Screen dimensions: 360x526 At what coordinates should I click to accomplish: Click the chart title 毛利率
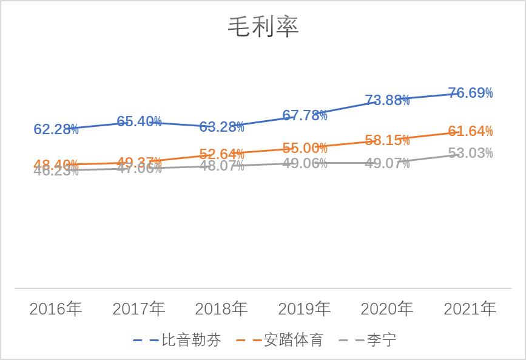click(x=263, y=27)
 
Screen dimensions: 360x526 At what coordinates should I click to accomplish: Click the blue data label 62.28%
click(x=56, y=129)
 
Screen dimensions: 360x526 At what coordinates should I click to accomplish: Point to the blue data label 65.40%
click(x=139, y=121)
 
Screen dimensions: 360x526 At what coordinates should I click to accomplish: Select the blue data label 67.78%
click(x=305, y=115)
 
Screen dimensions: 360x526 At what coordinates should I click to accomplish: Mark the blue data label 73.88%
click(x=387, y=100)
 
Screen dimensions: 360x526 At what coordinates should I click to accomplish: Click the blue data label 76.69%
click(x=470, y=93)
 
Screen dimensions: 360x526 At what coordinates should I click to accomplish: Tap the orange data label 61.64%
click(x=470, y=131)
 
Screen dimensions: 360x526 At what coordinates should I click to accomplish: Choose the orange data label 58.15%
click(x=387, y=140)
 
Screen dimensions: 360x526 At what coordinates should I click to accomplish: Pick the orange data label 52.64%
click(x=221, y=154)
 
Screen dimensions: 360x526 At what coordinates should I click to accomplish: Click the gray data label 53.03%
click(x=470, y=153)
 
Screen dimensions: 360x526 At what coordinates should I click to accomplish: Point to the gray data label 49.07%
click(x=387, y=163)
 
